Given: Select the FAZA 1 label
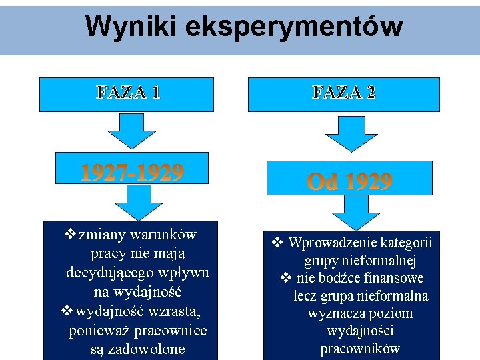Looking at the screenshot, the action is (x=128, y=93).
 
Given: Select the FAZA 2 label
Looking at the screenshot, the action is (x=344, y=93).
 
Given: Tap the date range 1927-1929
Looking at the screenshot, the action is (x=132, y=173).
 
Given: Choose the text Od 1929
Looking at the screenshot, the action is (x=349, y=181).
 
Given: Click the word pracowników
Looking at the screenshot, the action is (x=360, y=349).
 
